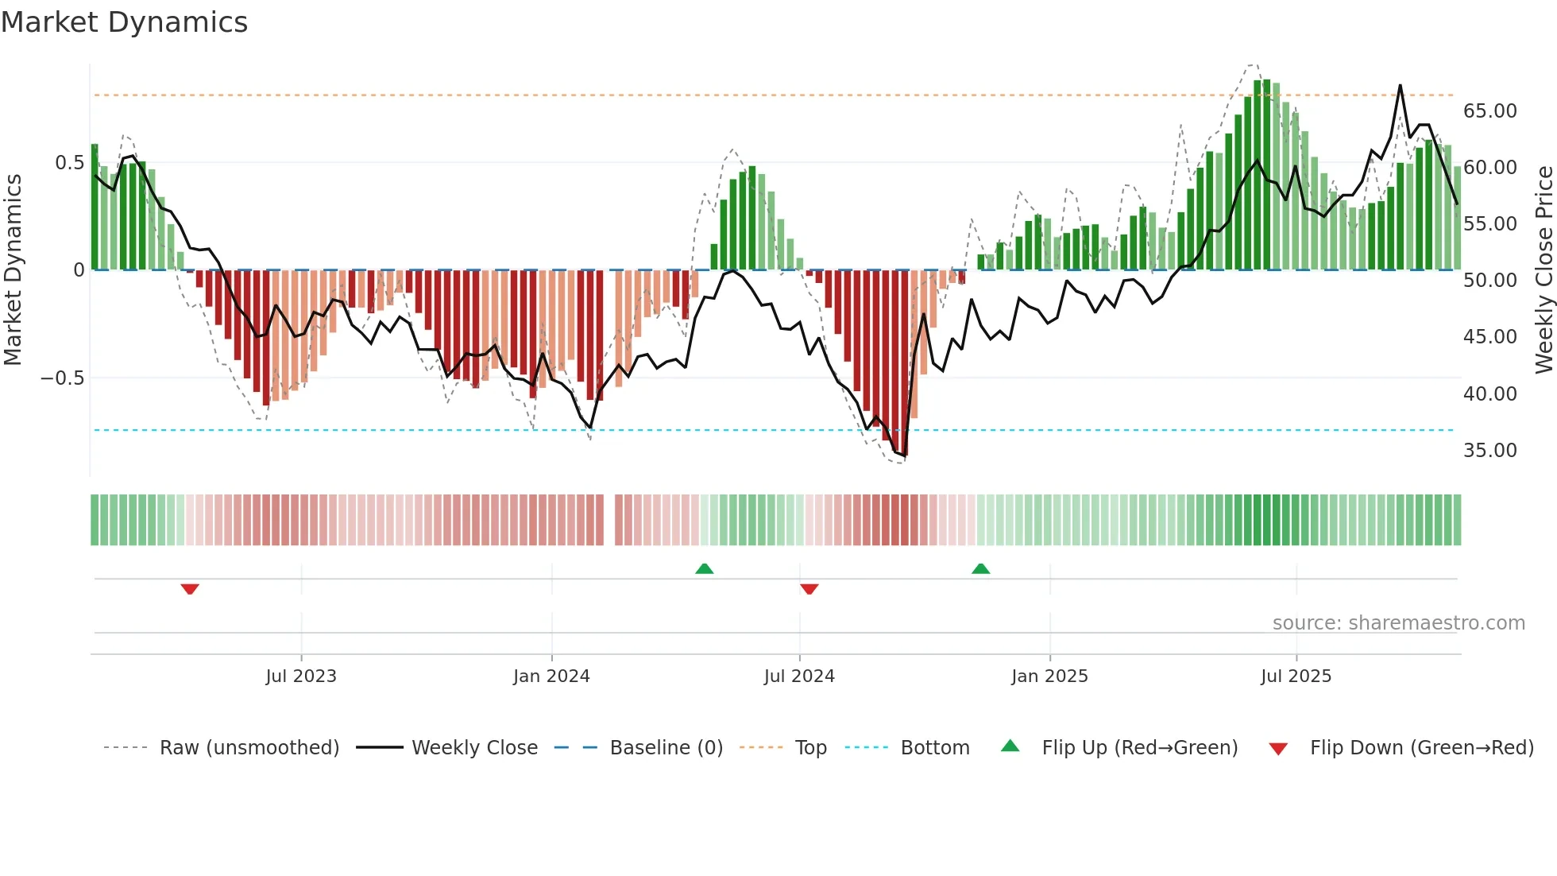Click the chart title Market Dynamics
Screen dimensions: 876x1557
[124, 22]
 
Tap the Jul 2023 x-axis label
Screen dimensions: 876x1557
[301, 676]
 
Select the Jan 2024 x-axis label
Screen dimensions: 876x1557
[551, 676]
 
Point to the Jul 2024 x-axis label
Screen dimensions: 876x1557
[799, 676]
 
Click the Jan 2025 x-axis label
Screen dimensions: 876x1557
[1049, 676]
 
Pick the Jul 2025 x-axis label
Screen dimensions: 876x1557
[1296, 676]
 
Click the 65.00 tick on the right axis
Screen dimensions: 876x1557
[1489, 111]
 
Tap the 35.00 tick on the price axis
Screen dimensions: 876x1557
[1489, 451]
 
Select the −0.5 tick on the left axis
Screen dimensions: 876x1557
[62, 378]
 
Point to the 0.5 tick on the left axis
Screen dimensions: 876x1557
[69, 163]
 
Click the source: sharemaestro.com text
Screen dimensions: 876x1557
[1398, 623]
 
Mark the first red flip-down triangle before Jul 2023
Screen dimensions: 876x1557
[190, 589]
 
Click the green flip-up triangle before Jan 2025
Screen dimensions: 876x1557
[980, 568]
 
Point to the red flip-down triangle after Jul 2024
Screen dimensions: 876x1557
[809, 589]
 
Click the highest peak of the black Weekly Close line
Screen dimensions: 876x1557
[1400, 86]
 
